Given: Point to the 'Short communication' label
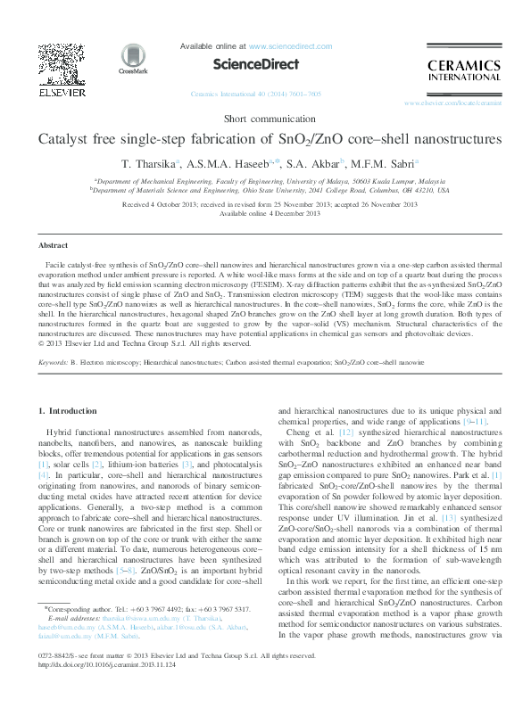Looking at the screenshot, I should pos(264,119).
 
